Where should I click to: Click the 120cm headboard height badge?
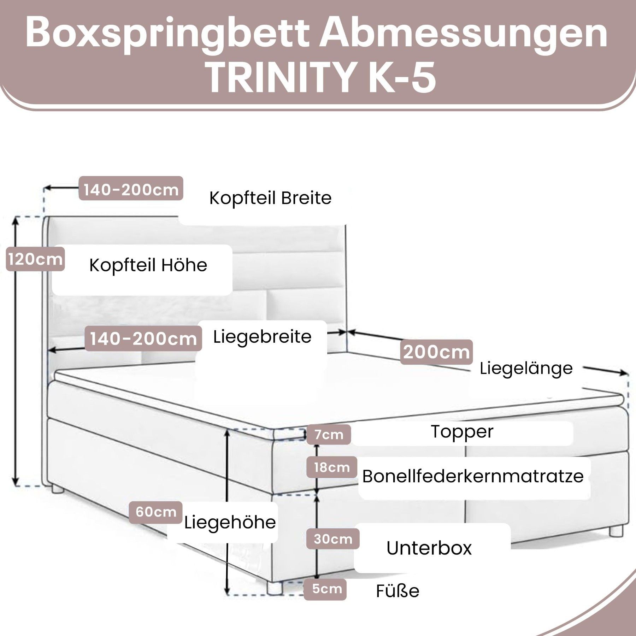[x=35, y=259]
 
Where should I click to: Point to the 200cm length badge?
[x=436, y=352]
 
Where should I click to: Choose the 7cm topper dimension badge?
[x=329, y=435]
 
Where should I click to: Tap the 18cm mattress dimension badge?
[x=331, y=467]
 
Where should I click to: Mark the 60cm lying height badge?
[x=156, y=512]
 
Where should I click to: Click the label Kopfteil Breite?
[x=270, y=198]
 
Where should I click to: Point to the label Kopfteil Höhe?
[x=148, y=265]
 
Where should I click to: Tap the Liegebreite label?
[x=262, y=337]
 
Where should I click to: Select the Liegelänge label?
[x=526, y=369]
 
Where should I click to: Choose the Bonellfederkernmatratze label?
[x=473, y=476]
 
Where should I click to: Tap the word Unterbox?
[x=429, y=548]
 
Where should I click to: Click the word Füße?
[x=397, y=591]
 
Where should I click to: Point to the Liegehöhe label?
[x=230, y=522]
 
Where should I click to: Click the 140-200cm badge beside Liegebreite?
[x=143, y=338]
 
